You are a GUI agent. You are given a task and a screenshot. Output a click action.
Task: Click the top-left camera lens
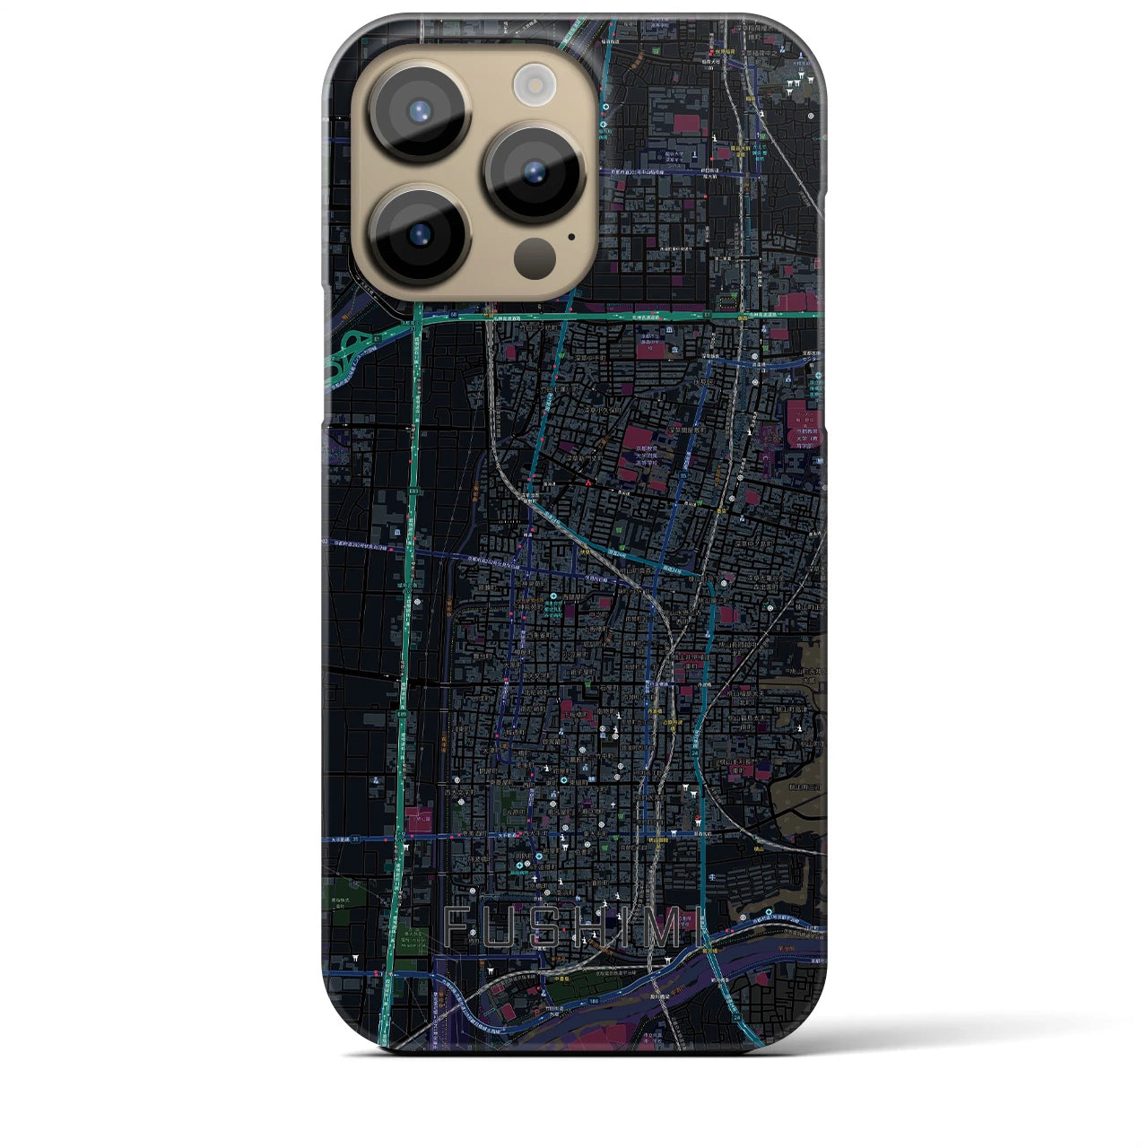pyautogui.click(x=418, y=112)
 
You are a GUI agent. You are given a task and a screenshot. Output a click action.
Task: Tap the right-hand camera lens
pyautogui.click(x=535, y=170)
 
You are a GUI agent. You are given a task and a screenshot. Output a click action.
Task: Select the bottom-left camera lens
pyautogui.click(x=418, y=234)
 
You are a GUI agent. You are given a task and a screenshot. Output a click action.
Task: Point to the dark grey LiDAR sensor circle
pyautogui.click(x=532, y=257)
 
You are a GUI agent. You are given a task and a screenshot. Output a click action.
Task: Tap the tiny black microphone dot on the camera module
pyautogui.click(x=571, y=238)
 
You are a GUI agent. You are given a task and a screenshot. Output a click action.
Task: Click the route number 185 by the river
pyautogui.click(x=593, y=1003)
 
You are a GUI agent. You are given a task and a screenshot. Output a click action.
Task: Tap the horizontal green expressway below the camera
pyautogui.click(x=628, y=316)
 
